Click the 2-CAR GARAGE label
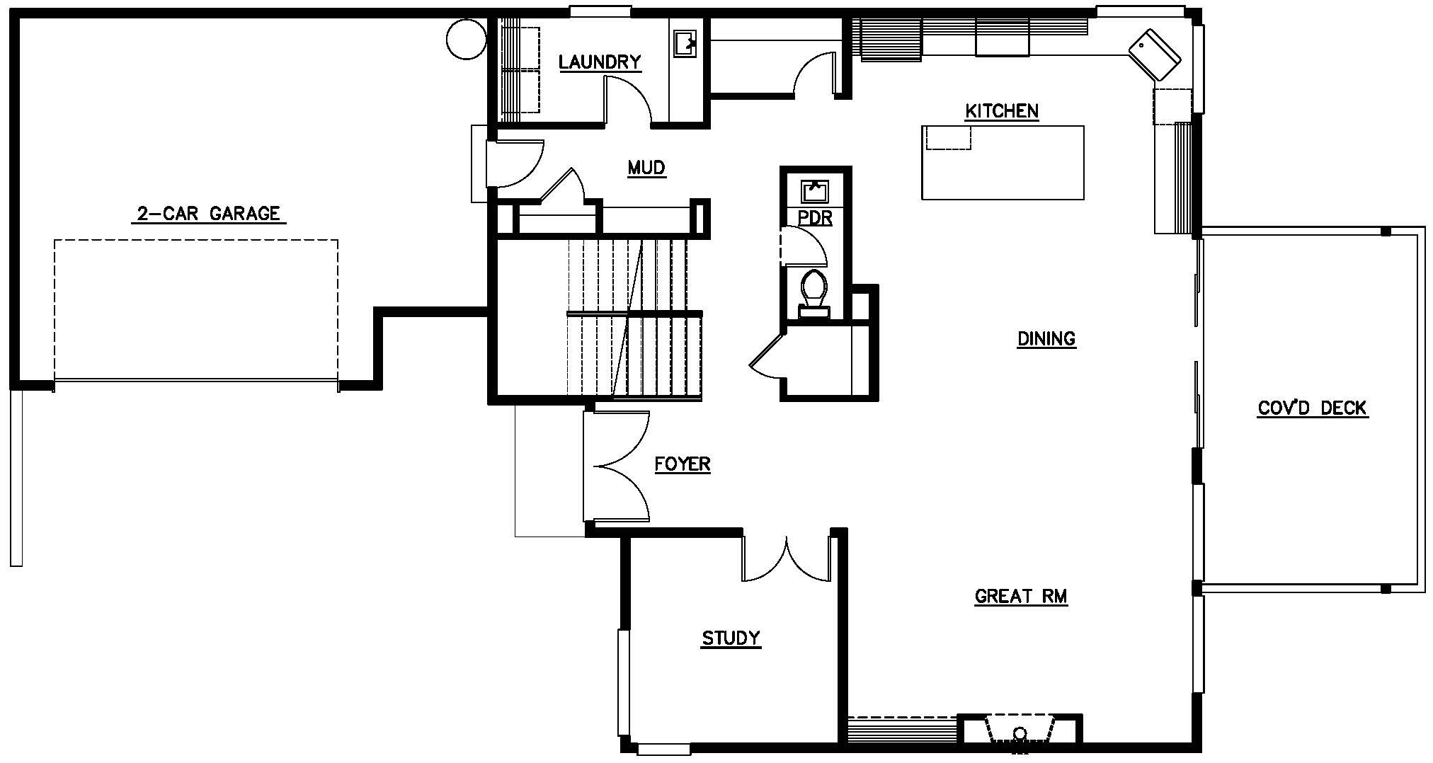(x=209, y=214)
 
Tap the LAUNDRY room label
(x=600, y=62)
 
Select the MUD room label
(x=646, y=168)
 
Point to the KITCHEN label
(x=1002, y=111)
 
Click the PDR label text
(x=815, y=218)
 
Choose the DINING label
(x=1046, y=339)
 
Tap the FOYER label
(x=682, y=464)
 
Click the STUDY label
(x=731, y=638)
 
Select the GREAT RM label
(x=1021, y=597)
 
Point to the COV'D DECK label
(x=1313, y=408)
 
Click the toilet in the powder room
(x=814, y=294)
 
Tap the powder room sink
(x=815, y=192)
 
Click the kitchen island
(x=1003, y=162)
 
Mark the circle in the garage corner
(x=467, y=39)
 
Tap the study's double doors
(x=787, y=559)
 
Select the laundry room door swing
(x=627, y=100)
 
